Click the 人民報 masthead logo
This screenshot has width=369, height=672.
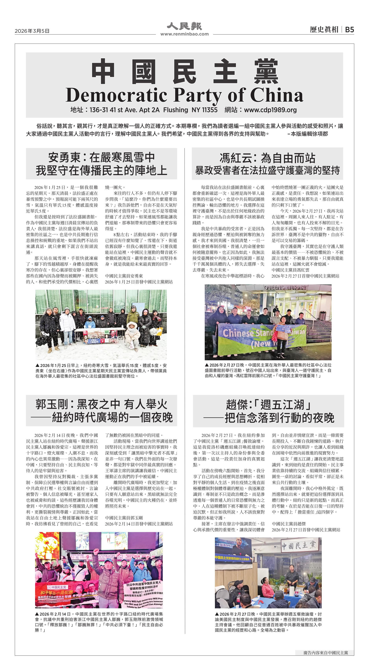point(184,26)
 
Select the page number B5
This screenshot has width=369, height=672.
point(350,30)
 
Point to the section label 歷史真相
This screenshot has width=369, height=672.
point(324,30)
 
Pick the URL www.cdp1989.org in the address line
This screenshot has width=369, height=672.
point(270,110)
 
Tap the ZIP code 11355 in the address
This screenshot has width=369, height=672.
point(209,110)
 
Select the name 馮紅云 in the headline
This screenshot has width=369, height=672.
point(236,158)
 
